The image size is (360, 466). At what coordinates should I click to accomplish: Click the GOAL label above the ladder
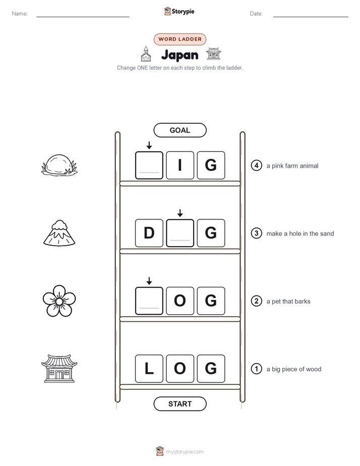click(179, 130)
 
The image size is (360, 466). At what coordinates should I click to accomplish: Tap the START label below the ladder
click(179, 404)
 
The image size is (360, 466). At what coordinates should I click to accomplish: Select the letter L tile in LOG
click(149, 369)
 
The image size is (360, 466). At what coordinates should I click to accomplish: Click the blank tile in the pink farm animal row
click(149, 165)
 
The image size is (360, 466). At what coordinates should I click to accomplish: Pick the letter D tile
click(149, 233)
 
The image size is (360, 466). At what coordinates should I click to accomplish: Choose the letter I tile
click(180, 165)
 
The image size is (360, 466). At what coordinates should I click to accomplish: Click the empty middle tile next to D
click(180, 233)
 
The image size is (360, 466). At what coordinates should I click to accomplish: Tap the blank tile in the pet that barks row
click(149, 301)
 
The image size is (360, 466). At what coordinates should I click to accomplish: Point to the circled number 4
click(256, 165)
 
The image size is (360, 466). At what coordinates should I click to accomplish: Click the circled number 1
click(256, 369)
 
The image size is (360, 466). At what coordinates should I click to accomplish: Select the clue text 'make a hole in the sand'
click(300, 234)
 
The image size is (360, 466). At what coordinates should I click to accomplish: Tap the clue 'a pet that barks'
click(288, 302)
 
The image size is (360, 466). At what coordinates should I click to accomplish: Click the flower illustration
click(59, 301)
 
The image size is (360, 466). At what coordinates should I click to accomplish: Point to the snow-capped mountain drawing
click(59, 234)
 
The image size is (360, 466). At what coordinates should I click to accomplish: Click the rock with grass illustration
click(59, 165)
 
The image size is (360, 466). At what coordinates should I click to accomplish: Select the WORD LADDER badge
click(179, 39)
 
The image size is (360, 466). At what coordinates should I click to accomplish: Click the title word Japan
click(179, 55)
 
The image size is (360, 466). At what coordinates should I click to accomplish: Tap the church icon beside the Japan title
click(146, 54)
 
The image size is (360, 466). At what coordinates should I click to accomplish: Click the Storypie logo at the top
click(179, 11)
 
